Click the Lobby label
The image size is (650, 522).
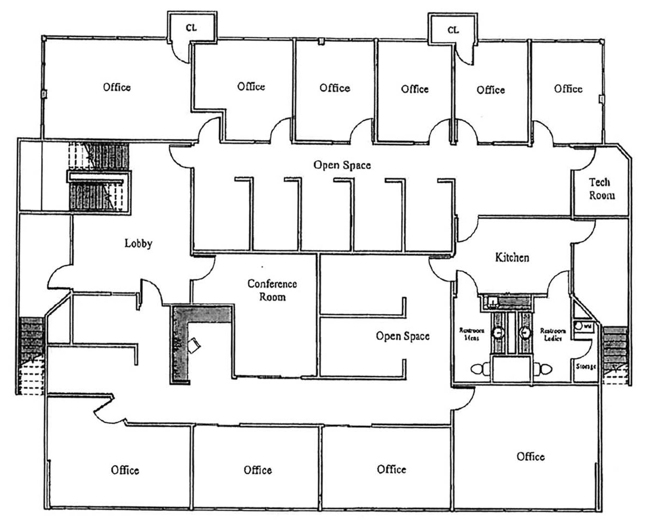point(138,243)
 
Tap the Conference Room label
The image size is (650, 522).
point(272,290)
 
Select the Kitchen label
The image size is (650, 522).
point(512,257)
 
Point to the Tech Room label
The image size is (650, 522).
point(602,189)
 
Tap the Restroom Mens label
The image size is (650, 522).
point(472,334)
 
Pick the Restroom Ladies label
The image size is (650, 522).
point(553,334)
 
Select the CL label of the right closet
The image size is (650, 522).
point(453,30)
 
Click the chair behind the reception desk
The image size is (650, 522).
point(193,345)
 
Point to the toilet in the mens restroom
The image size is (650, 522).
point(480,369)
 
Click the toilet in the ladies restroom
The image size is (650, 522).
point(543,369)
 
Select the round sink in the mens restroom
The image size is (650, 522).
point(498,333)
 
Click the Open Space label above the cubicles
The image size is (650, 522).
point(342,165)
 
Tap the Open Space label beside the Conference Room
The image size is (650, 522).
point(403,336)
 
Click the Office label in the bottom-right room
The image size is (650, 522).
point(531,456)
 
